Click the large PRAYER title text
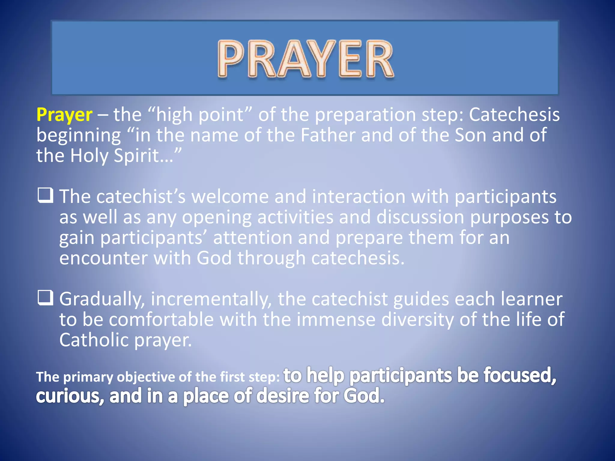[x=305, y=59]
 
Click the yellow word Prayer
[x=64, y=115]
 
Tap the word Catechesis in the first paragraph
[x=514, y=115]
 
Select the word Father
[x=328, y=135]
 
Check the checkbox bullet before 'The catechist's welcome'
[x=46, y=195]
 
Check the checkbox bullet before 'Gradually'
[x=46, y=298]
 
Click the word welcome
[x=230, y=197]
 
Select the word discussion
[x=420, y=217]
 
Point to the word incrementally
[x=211, y=300]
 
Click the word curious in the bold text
[x=70, y=396]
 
